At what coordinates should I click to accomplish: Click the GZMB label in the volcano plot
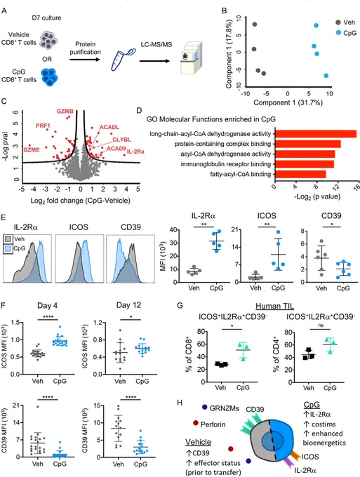click(x=65, y=112)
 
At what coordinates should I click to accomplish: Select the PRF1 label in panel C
click(x=43, y=126)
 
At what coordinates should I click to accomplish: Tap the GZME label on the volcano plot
click(x=32, y=149)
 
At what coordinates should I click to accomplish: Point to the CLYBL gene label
click(x=121, y=140)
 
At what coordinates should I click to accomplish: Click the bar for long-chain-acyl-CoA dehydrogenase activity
click(x=316, y=134)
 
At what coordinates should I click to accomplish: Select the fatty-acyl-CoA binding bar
click(x=300, y=174)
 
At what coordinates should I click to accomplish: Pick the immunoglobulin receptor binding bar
click(x=305, y=164)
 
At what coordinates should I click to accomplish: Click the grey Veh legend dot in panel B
click(x=338, y=22)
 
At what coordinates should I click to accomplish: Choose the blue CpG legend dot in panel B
click(x=338, y=32)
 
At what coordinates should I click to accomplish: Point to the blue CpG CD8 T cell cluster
click(x=49, y=76)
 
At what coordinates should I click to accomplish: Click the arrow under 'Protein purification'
click(x=85, y=60)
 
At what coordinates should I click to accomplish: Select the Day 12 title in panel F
click(x=128, y=305)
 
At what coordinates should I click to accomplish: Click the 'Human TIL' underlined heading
click(x=274, y=306)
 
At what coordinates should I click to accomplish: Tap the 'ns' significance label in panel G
click(x=321, y=325)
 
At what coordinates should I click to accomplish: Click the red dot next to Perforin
click(x=195, y=423)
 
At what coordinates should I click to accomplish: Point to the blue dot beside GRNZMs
click(x=204, y=407)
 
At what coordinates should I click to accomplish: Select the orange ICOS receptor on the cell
click(x=294, y=454)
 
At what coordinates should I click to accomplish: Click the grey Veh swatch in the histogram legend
click(x=8, y=239)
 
